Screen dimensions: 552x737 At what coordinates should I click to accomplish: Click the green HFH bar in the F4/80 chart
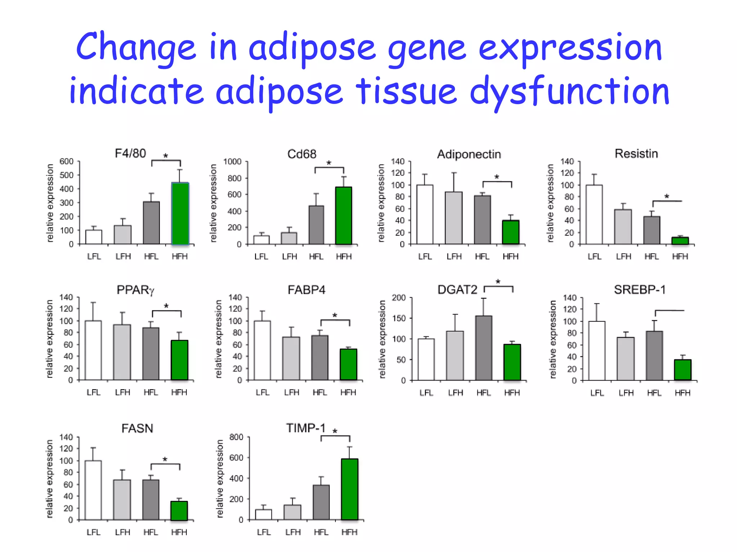click(x=180, y=214)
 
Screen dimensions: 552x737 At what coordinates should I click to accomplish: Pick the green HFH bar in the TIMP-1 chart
click(x=349, y=489)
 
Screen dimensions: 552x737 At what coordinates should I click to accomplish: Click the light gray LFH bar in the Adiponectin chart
click(x=454, y=218)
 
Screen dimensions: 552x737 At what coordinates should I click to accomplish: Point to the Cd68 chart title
click(x=302, y=154)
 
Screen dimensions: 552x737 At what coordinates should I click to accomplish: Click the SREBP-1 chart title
click(x=639, y=290)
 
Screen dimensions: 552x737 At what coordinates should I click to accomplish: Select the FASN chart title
click(x=137, y=428)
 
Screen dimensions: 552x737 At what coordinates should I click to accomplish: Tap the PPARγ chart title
click(x=135, y=290)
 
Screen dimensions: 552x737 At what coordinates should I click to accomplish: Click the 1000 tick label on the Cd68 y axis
click(x=232, y=162)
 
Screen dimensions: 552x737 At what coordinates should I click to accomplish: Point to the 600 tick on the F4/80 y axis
click(x=66, y=162)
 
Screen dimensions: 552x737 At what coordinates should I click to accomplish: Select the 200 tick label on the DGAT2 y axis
click(x=398, y=298)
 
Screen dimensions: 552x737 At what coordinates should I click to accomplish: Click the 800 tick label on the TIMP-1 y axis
click(x=236, y=437)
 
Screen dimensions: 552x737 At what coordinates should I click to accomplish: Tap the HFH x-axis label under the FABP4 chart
click(x=348, y=392)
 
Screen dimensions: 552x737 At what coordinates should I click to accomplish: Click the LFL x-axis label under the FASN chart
click(x=93, y=532)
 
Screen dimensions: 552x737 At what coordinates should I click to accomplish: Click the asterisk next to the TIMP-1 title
click(x=335, y=431)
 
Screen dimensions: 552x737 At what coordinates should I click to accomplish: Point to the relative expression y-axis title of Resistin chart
click(x=550, y=203)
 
